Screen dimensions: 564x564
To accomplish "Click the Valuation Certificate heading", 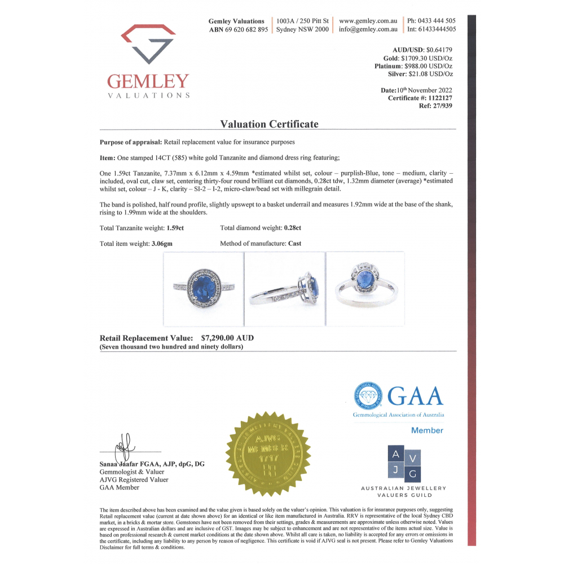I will click(269, 124).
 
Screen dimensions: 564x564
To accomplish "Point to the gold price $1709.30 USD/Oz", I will click(426, 58).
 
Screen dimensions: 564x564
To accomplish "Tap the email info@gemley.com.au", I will click(368, 29).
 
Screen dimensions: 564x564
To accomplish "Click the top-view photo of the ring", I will click(203, 289).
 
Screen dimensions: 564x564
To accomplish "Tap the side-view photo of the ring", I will click(285, 289).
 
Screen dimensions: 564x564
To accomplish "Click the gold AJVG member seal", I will click(268, 453).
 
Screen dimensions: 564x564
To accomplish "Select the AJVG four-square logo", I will click(404, 464).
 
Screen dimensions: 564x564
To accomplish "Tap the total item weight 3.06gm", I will click(169, 244).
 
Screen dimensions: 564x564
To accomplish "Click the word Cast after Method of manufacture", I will click(294, 244).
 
